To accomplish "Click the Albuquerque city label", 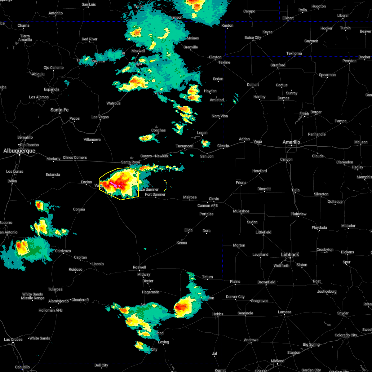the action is tap(19, 151).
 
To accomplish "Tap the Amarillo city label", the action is tap(291, 142).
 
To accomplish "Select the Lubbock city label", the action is tap(290, 255).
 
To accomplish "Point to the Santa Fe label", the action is tap(60, 110).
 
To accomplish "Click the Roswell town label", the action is tap(139, 267).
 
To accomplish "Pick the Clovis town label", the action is tap(214, 199).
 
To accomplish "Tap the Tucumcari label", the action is tap(184, 146).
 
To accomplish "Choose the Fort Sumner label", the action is tap(155, 194).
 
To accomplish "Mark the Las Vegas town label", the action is tap(100, 117).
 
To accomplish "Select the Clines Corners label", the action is tap(75, 157).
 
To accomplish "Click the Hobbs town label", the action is tap(218, 314).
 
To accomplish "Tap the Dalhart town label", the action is tap(253, 85).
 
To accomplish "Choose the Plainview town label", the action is tap(298, 214).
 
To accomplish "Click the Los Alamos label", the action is tap(39, 97).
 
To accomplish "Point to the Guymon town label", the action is tap(311, 41).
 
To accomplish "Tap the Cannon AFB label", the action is tap(207, 206).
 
